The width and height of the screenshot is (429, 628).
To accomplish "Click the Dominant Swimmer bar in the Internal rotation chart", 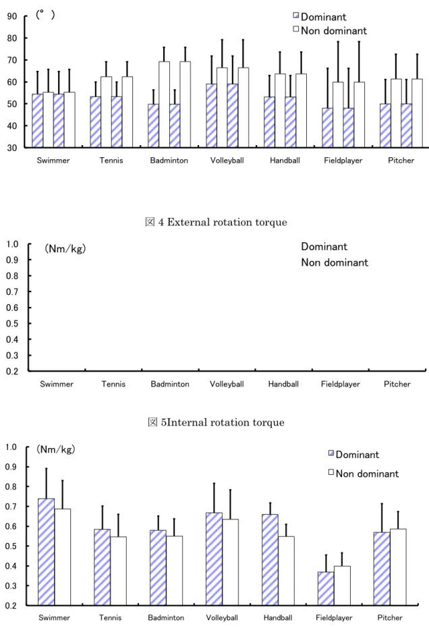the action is (x=46, y=552).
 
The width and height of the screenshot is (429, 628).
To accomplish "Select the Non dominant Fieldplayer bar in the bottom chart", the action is (x=342, y=586).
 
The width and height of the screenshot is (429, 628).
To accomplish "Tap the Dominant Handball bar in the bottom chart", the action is (x=270, y=559).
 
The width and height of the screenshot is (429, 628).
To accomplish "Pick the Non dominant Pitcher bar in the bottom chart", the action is (x=398, y=567).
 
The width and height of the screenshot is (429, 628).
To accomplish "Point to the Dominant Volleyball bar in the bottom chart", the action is (x=214, y=559).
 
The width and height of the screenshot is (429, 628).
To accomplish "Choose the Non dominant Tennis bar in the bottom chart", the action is (x=118, y=571).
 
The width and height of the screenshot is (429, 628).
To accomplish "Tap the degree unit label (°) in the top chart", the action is (x=45, y=15).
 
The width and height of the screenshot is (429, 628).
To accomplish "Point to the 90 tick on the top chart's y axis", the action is (x=12, y=16).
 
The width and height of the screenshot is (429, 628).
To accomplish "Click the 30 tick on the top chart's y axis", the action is (x=12, y=148).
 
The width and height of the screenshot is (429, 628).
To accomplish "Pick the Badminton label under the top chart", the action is (x=169, y=161).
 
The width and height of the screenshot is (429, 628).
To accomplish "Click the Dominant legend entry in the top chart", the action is (x=320, y=17).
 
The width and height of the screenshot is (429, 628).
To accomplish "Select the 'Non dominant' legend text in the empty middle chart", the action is (x=335, y=262).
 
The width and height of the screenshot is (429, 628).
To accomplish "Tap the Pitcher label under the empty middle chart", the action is (x=397, y=384).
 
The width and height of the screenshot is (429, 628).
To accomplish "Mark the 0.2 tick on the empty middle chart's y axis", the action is (x=12, y=371).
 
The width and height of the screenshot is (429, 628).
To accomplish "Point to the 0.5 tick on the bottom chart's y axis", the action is (x=11, y=546).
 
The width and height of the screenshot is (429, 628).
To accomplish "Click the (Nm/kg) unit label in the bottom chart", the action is (x=56, y=449).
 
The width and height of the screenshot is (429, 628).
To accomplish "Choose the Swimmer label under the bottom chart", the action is (x=54, y=618).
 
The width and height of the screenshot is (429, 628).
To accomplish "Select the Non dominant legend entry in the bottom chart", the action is (x=364, y=474).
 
